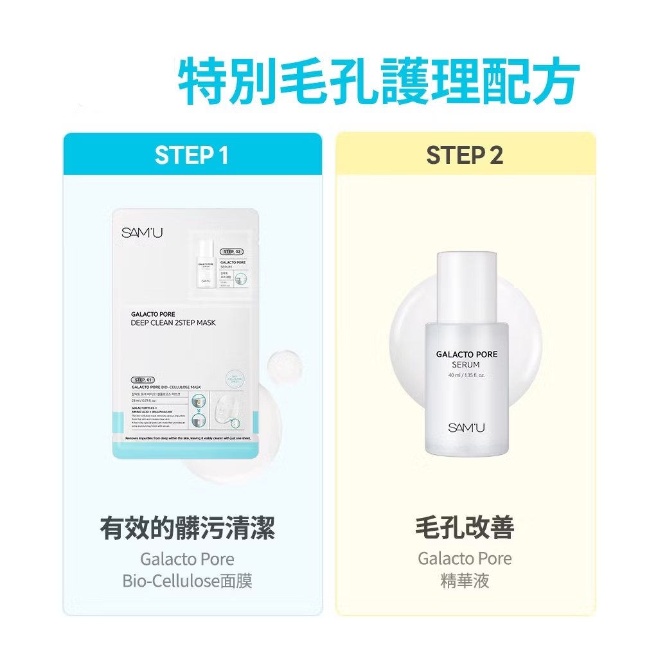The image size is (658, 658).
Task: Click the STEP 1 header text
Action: pyautogui.click(x=191, y=156)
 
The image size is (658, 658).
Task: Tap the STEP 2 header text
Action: pyautogui.click(x=465, y=156)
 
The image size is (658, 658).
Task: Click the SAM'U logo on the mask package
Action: pyautogui.click(x=133, y=233)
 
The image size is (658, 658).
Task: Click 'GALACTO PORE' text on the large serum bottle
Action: pyautogui.click(x=467, y=354)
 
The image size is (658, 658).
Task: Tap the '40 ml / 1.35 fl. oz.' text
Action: pyautogui.click(x=467, y=375)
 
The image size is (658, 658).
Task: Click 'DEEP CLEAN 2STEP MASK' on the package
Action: pyautogui.click(x=173, y=323)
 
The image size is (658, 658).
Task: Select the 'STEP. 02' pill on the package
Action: pyautogui.click(x=231, y=251)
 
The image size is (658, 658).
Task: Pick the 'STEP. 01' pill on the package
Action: pyautogui.click(x=143, y=380)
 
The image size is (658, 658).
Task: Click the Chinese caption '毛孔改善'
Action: pyautogui.click(x=465, y=528)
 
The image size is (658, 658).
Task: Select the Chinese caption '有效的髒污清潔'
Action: pyautogui.click(x=188, y=529)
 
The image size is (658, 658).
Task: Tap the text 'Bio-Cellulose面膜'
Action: pyautogui.click(x=188, y=581)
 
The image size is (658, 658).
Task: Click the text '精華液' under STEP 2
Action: pyautogui.click(x=465, y=581)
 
